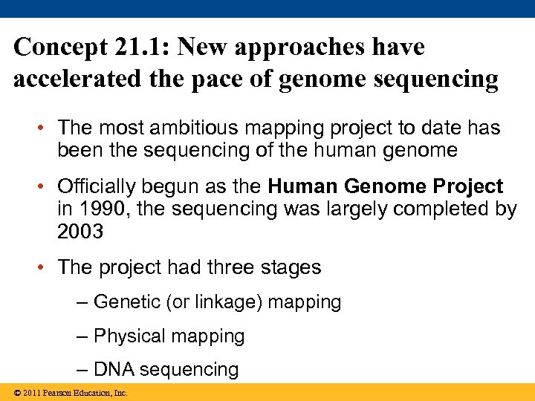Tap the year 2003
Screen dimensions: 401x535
tap(80, 232)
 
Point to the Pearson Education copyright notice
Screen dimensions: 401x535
tap(65, 393)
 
